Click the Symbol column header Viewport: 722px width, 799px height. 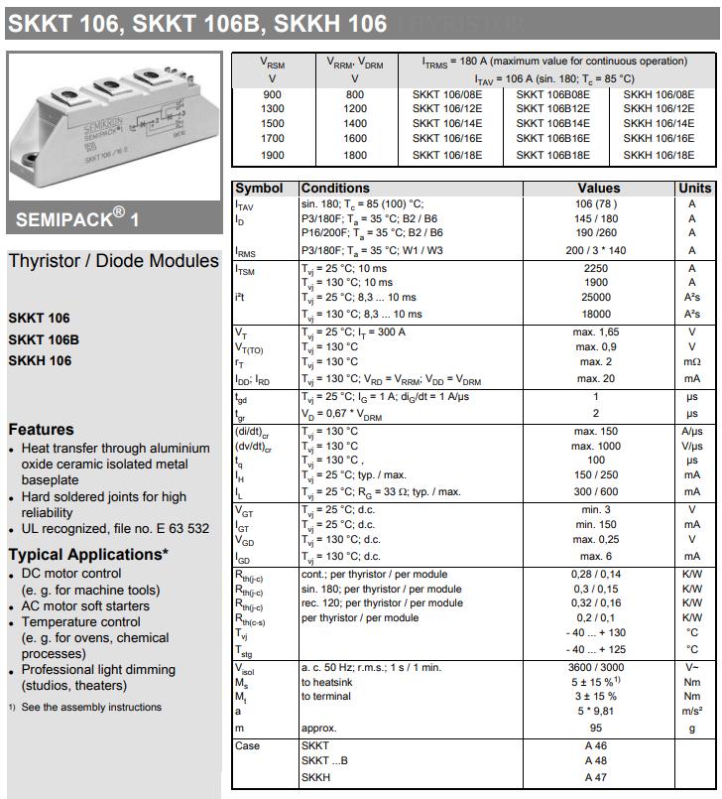pos(259,188)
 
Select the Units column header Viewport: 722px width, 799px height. pos(694,188)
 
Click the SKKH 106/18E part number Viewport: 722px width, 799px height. pos(659,155)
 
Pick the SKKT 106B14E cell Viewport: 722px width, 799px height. pos(552,124)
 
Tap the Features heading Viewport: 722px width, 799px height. pos(41,430)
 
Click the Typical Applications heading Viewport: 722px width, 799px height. pos(88,555)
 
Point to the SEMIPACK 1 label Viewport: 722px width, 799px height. pos(77,217)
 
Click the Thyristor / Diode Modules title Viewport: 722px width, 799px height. pos(113,261)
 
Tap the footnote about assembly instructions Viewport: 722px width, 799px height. pos(84,707)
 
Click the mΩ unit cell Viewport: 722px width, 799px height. pos(692,362)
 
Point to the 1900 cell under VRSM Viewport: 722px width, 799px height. pos(272,155)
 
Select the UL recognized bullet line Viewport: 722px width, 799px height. pos(114,529)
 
